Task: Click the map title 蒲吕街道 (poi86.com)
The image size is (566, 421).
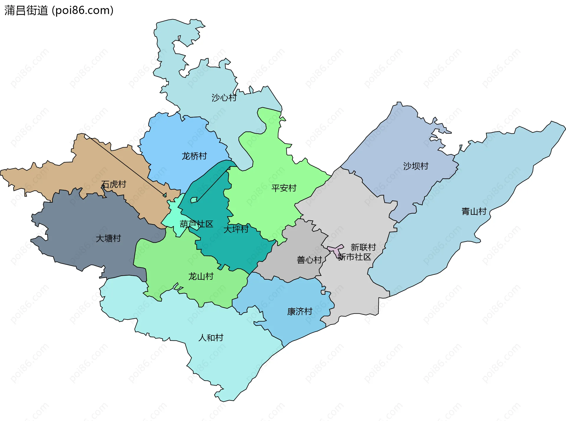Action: pos(59,11)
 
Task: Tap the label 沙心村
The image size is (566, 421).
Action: pos(224,98)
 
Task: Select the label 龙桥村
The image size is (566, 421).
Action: pos(194,156)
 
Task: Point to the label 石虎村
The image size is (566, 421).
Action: pos(113,184)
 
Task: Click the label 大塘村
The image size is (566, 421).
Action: pos(108,238)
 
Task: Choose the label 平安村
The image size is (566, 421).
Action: pos(284,188)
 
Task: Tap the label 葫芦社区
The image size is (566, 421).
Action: pos(196,224)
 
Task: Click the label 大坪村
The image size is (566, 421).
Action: pos(236,229)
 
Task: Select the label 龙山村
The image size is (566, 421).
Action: pos(201,276)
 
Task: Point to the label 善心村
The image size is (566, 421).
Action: pos(309,260)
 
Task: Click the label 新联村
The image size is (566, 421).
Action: pos(363,247)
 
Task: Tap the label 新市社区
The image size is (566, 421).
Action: pos(354,257)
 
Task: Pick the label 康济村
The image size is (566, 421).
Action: pos(300,312)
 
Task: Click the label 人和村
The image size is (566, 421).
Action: pos(211,338)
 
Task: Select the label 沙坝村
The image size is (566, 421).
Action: pos(416,166)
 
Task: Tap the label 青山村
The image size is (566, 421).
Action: pos(474,212)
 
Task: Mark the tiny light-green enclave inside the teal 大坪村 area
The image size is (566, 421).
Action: pos(194,200)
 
